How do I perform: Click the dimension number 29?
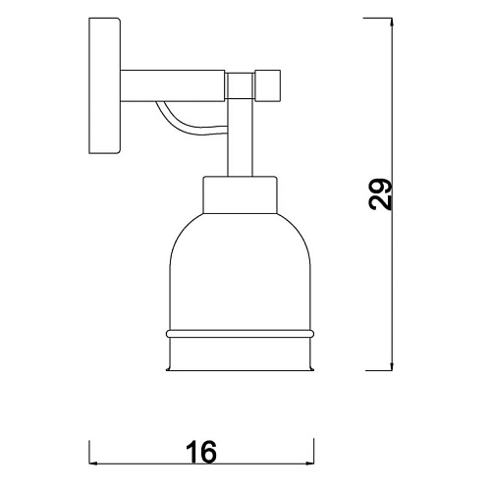point(380,194)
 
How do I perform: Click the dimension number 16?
point(201,452)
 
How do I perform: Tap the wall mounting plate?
point(105,85)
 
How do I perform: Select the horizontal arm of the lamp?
point(173,85)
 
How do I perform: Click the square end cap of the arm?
point(268,85)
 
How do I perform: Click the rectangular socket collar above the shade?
point(241,195)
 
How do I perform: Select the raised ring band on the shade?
point(240,334)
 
